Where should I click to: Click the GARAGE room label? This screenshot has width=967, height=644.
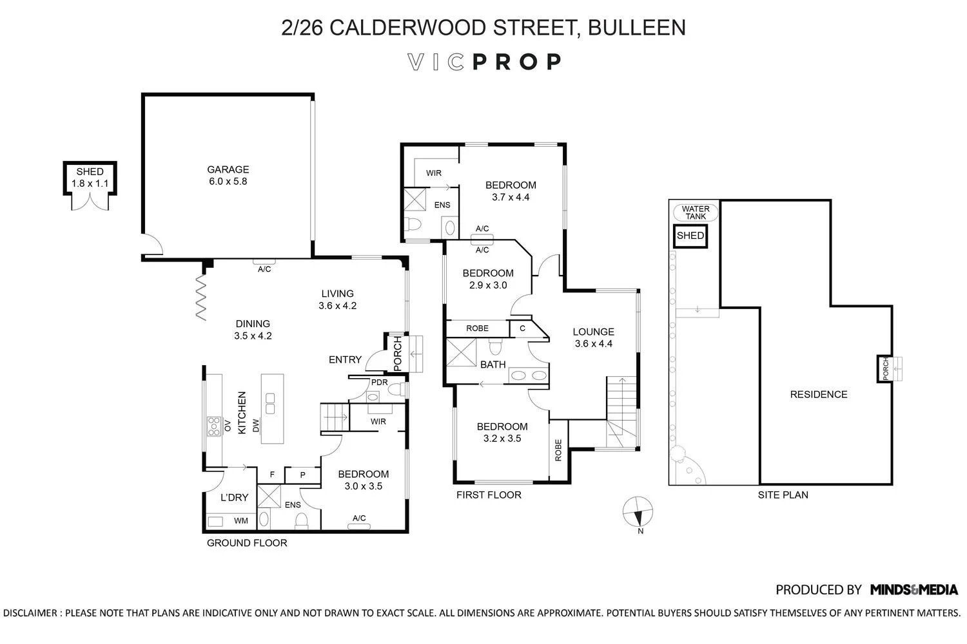click(228, 175)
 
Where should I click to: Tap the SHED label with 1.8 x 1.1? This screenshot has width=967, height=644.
click(90, 177)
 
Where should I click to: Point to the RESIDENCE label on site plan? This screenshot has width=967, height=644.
click(818, 394)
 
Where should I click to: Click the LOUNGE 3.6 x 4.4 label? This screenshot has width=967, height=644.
click(593, 337)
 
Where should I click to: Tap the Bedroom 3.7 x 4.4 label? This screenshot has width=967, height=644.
click(510, 191)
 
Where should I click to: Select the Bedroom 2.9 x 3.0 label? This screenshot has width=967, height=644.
click(488, 279)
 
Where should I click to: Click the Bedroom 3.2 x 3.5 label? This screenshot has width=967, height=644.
click(502, 432)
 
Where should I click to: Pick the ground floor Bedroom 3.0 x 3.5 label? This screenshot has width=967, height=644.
click(363, 480)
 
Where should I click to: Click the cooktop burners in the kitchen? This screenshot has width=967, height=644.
click(213, 426)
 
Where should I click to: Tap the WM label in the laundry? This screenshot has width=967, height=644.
click(240, 520)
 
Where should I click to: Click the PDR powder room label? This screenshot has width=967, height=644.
click(379, 382)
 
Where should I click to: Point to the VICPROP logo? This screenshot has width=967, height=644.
click(484, 62)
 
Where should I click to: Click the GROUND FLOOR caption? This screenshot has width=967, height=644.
click(246, 543)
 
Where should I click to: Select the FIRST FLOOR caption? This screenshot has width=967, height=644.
click(489, 495)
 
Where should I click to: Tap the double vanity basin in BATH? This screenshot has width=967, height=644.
click(527, 375)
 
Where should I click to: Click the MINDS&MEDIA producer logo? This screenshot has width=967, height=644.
click(913, 589)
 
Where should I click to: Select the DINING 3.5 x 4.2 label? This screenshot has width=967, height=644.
click(252, 330)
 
